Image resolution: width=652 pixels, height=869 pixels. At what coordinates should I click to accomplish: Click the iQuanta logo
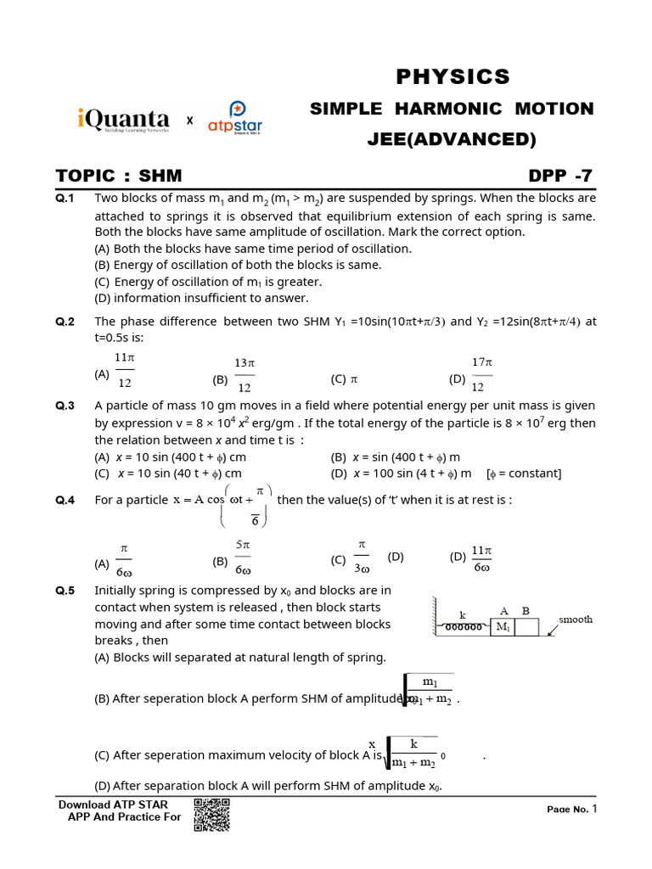122,121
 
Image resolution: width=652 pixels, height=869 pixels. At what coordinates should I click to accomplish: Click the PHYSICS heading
452,77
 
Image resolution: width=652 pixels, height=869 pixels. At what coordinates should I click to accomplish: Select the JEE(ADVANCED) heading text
452,139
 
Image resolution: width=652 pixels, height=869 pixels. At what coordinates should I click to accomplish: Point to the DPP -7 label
560,177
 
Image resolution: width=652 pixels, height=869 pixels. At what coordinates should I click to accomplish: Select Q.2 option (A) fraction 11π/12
124,373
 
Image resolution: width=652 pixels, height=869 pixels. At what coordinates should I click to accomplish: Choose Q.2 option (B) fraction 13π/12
244,374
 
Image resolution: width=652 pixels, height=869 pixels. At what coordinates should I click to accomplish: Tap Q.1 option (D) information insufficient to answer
201,298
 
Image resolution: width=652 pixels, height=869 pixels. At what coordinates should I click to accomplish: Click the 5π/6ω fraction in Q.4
242,556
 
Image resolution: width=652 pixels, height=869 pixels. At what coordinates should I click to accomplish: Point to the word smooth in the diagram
575,620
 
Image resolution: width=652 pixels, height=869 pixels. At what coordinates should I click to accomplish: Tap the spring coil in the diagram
464,627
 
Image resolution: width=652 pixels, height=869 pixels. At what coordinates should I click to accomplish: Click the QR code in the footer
212,816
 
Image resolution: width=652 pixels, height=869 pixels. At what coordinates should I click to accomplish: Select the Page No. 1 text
572,809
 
